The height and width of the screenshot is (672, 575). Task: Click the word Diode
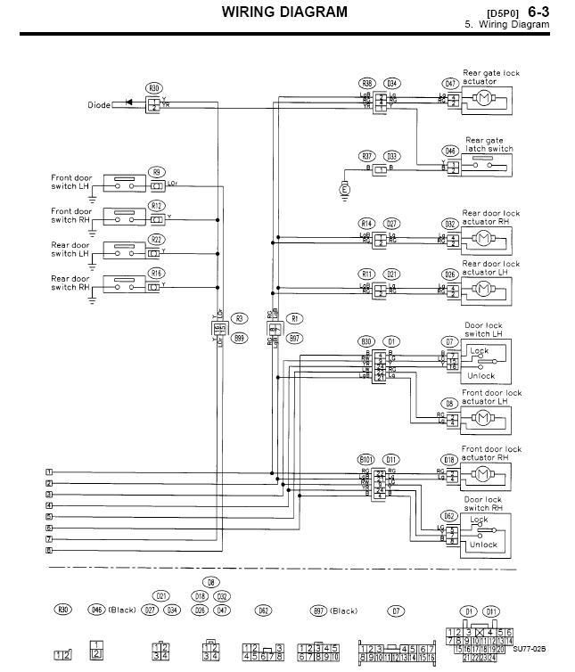(x=99, y=105)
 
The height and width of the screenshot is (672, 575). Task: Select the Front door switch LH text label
(x=70, y=182)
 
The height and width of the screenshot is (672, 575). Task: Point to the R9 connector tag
(x=157, y=172)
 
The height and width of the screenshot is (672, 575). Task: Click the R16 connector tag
(x=157, y=273)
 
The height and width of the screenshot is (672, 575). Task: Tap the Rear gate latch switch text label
(x=489, y=145)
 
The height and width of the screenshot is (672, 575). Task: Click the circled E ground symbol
(x=345, y=188)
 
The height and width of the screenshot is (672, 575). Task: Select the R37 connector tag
(x=366, y=155)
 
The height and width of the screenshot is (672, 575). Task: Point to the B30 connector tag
(x=366, y=341)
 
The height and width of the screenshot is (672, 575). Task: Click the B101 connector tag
(x=366, y=459)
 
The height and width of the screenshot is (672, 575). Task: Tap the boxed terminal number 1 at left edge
(x=49, y=471)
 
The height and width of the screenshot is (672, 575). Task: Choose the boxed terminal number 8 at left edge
(x=49, y=551)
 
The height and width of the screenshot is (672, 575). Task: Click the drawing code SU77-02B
(x=529, y=650)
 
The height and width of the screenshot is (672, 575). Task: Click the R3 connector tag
(x=239, y=318)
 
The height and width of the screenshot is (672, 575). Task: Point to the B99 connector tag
(x=239, y=339)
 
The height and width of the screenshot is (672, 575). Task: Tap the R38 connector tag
(x=366, y=83)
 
